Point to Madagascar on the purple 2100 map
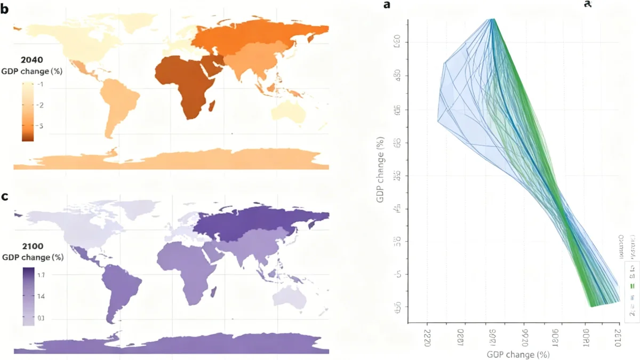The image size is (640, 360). click(214, 293)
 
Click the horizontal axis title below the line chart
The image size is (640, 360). click(518, 354)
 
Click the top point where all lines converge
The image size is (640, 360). click(493, 19)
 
